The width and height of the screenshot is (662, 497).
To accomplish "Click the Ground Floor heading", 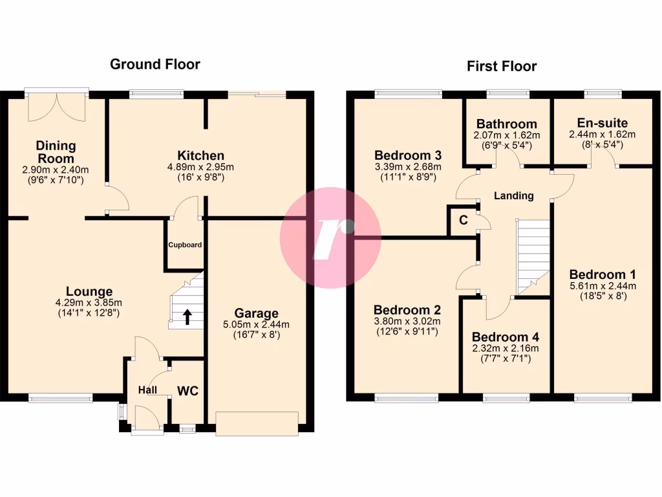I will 155,64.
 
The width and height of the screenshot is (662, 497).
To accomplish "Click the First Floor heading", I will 502,66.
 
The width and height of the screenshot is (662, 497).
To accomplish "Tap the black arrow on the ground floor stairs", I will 187,316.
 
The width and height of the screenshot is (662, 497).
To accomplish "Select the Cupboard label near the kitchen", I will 185,245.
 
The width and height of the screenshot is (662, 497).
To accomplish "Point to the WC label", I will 187,391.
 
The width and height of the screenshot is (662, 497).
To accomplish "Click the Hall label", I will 148,390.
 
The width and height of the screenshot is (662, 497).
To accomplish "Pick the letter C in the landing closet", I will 463,220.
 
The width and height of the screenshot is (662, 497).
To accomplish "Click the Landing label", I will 513,195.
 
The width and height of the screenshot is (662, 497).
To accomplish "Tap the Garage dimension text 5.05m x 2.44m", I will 257,325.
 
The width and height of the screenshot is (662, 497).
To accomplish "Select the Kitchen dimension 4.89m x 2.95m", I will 201,167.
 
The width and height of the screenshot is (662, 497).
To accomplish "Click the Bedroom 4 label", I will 505,337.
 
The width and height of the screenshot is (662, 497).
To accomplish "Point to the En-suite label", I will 602,123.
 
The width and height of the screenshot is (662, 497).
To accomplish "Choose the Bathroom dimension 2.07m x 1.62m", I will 506,135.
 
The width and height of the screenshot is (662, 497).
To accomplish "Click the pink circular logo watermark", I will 330,237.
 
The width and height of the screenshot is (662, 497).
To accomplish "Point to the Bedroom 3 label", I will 408,155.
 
